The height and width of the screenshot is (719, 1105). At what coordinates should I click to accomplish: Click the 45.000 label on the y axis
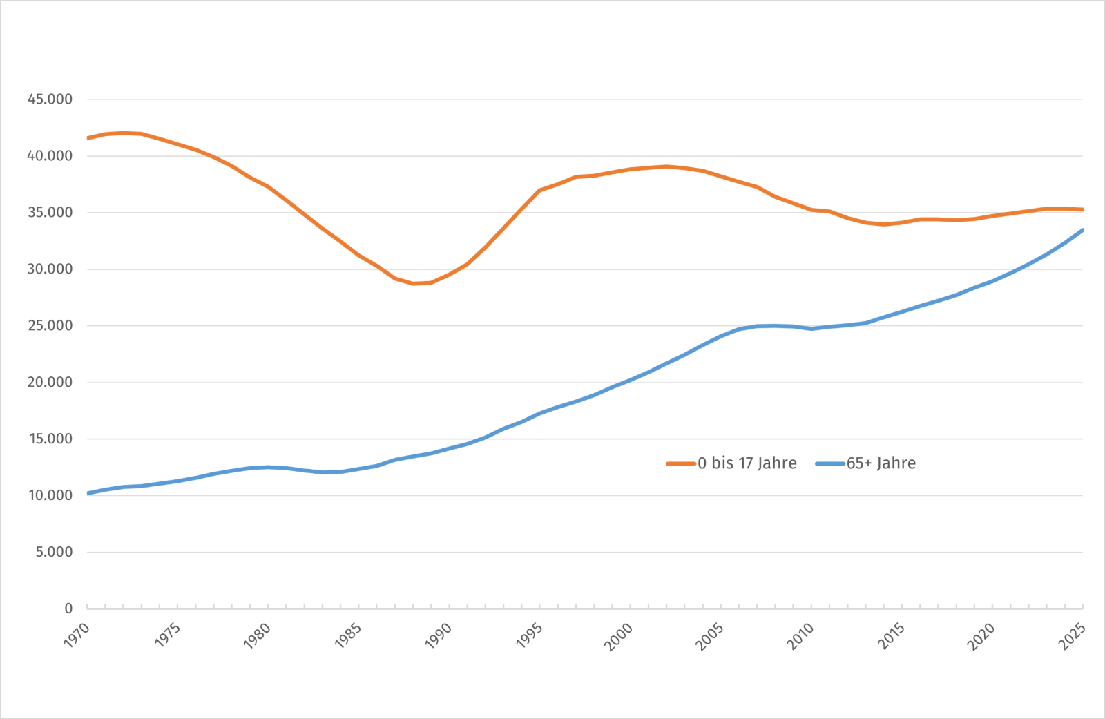tap(50, 99)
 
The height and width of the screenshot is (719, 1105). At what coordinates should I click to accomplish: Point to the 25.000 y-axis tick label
tap(50, 326)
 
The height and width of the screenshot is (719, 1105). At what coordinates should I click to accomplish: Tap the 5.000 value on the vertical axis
tap(54, 552)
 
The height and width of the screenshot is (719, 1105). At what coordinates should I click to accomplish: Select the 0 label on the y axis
tap(68, 608)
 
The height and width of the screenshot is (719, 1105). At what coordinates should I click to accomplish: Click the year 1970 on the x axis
tap(77, 635)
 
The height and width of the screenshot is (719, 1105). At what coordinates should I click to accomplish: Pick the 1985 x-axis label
tap(348, 635)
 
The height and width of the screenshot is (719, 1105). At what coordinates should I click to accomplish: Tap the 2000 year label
tap(619, 637)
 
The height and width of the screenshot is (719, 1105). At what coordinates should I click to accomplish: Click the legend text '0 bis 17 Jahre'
tap(747, 463)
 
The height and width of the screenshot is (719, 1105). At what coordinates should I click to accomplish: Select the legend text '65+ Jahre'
tap(881, 463)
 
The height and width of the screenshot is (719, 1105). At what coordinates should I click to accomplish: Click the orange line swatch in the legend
tap(681, 464)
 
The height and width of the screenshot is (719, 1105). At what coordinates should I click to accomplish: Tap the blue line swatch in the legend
tap(830, 464)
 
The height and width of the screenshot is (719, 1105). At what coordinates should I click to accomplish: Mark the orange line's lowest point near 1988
tap(414, 284)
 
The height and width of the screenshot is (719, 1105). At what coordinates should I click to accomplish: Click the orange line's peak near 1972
tap(124, 133)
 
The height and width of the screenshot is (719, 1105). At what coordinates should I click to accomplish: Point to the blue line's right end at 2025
tap(1082, 230)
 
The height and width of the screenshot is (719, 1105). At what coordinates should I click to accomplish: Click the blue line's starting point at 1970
tap(88, 493)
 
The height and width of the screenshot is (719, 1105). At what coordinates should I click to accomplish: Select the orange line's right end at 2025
tap(1082, 210)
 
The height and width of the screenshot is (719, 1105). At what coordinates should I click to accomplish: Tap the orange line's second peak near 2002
tap(666, 166)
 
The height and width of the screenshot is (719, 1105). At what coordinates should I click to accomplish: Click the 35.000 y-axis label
tap(50, 213)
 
